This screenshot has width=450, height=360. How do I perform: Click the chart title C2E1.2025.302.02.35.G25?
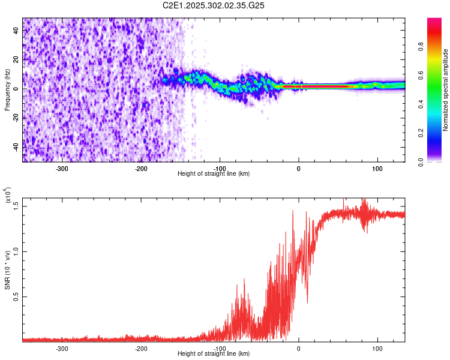pyautogui.click(x=214, y=5)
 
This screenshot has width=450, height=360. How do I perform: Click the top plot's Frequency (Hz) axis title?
pyautogui.click(x=7, y=89)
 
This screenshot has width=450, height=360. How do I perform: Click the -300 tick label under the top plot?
pyautogui.click(x=62, y=168)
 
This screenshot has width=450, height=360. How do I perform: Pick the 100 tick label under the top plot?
pyautogui.click(x=377, y=168)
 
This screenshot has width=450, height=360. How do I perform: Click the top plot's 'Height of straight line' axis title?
pyautogui.click(x=214, y=174)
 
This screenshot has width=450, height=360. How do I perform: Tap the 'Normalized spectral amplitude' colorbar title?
pyautogui.click(x=446, y=90)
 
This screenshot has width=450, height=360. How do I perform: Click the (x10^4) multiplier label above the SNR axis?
pyautogui.click(x=8, y=195)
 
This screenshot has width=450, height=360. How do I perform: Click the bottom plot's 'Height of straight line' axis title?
pyautogui.click(x=214, y=354)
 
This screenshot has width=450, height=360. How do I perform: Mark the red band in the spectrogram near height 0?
pyautogui.click(x=312, y=86)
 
